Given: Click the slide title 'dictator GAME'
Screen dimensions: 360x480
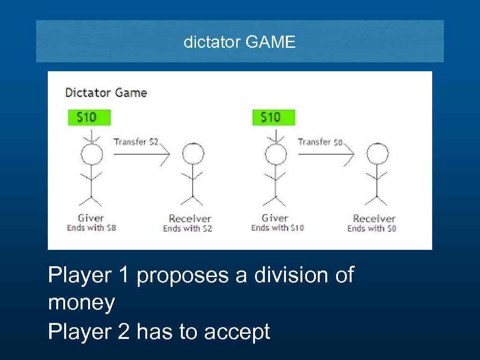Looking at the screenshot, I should [240, 43].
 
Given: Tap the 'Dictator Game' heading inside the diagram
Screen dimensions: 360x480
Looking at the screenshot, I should [106, 93].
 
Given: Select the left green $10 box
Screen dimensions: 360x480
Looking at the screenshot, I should [89, 117].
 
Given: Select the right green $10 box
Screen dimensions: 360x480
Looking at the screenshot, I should [274, 117].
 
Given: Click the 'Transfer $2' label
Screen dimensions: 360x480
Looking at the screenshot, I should [136, 142].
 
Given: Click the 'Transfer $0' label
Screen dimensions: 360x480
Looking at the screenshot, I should [320, 142].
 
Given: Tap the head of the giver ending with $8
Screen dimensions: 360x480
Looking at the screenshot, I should [91, 154].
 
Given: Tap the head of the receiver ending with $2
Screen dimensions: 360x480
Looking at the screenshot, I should [193, 154].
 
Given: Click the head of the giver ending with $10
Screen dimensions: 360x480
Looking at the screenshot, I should [275, 154].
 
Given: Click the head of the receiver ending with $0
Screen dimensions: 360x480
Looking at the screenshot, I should [377, 154].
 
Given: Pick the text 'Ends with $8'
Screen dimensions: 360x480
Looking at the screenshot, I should [91, 228].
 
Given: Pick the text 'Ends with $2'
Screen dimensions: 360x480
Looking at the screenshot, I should [187, 228].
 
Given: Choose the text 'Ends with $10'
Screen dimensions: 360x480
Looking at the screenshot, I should [277, 228].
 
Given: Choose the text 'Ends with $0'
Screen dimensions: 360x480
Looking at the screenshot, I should [372, 228].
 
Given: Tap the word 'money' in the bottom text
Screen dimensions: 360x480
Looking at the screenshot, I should [81, 303].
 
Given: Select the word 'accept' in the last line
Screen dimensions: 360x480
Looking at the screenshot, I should [237, 332].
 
